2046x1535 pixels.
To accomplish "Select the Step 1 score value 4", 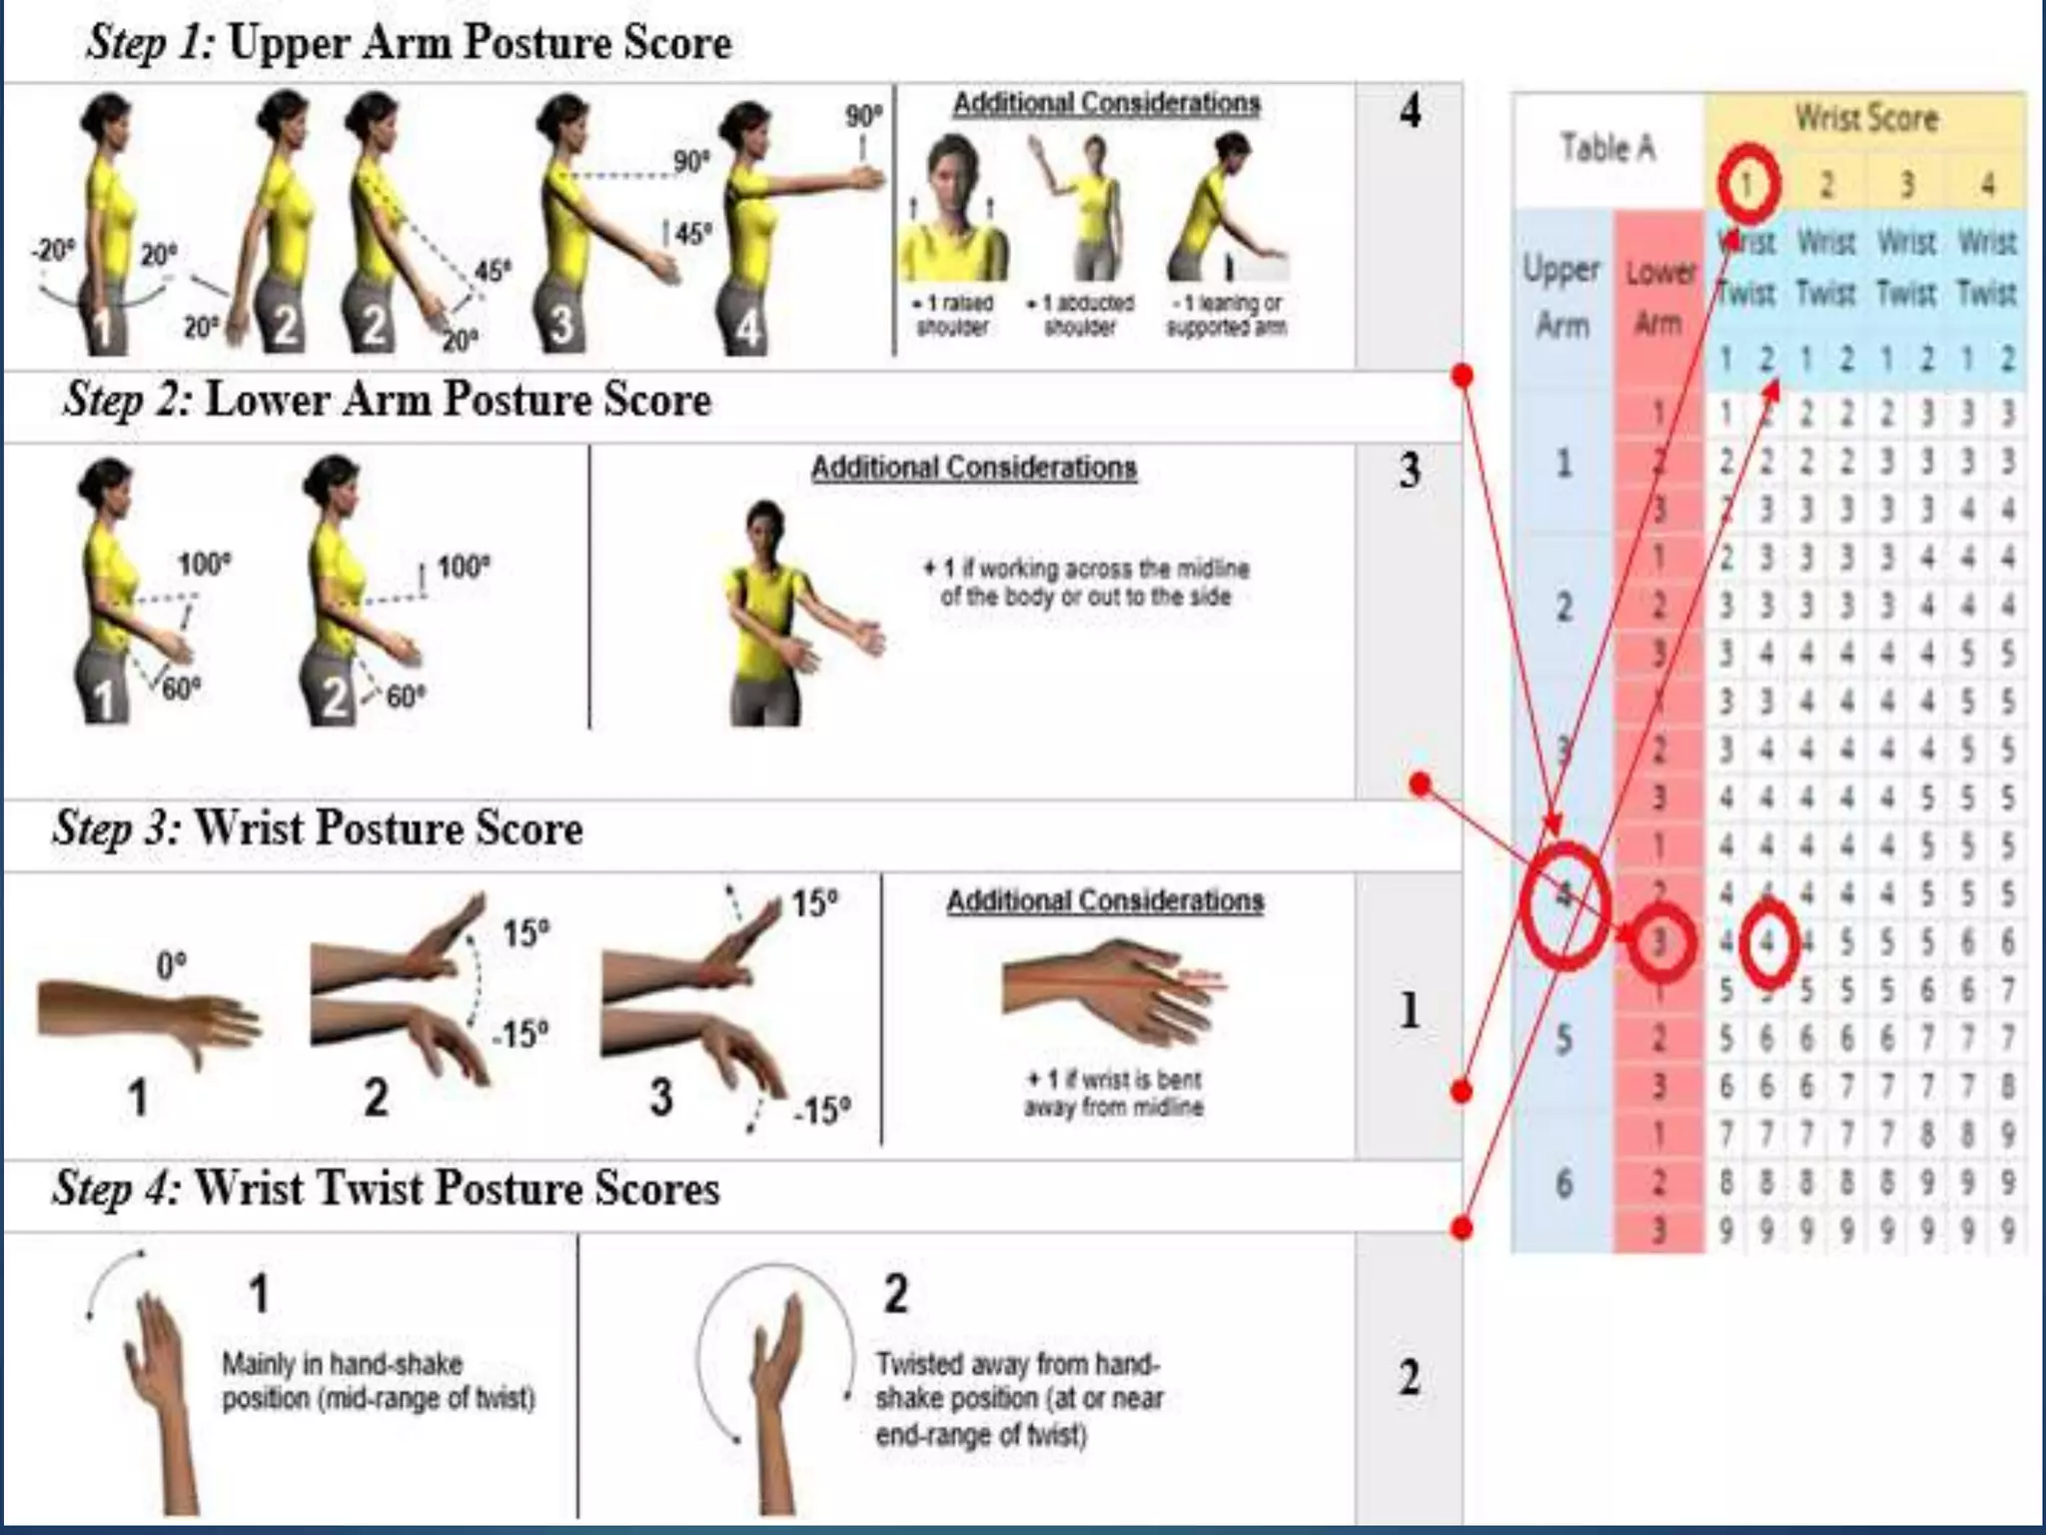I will pyautogui.click(x=1409, y=111).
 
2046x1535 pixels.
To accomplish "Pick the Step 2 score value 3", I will pyautogui.click(x=1409, y=470).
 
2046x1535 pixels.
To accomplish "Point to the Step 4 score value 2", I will pyautogui.click(x=1409, y=1379).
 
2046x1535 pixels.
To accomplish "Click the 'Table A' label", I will pyautogui.click(x=1607, y=148).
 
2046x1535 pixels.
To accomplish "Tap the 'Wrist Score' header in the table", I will pyautogui.click(x=1866, y=118).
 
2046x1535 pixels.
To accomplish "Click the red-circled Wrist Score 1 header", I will pyautogui.click(x=1748, y=184).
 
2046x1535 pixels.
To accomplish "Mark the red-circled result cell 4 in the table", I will pyautogui.click(x=1767, y=941).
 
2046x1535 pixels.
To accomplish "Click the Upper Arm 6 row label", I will pyautogui.click(x=1564, y=1183).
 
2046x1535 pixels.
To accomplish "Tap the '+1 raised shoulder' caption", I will pyautogui.click(x=952, y=315).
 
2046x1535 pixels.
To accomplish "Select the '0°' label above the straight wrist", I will pyautogui.click(x=171, y=965).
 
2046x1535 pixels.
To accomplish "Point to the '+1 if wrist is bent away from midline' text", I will pyautogui.click(x=1113, y=1092).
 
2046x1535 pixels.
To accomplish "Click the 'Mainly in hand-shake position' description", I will pyautogui.click(x=378, y=1380).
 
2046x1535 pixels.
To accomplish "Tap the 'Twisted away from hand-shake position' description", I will pyautogui.click(x=1019, y=1399).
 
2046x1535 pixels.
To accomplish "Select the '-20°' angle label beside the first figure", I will pyautogui.click(x=52, y=250).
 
